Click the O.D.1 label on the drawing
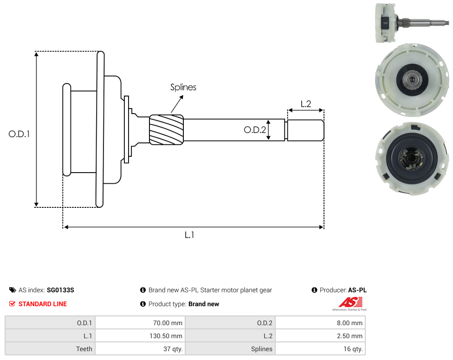19,134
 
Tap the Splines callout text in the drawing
183,87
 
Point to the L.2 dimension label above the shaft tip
306,104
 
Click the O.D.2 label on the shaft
254,130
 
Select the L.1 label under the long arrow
189,235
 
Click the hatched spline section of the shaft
167,129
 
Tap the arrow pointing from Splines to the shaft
177,104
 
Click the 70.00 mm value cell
140,323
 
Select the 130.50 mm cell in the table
140,336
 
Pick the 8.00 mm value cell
320,323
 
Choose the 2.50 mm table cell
320,336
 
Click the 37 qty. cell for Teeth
140,349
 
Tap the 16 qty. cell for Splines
320,349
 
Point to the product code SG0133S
60,290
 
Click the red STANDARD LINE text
43,304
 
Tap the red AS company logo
350,304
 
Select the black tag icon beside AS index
13,290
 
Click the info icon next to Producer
314,290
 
